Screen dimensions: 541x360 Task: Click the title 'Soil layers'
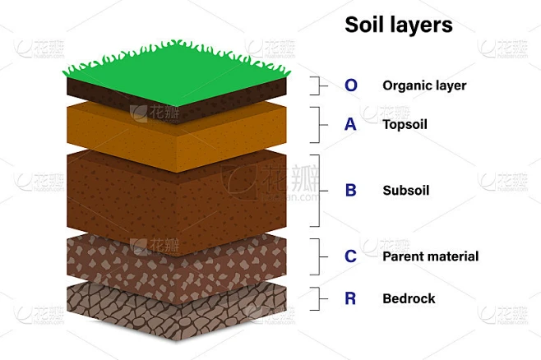(399, 25)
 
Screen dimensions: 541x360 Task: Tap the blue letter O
(351, 85)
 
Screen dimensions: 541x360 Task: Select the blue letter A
(350, 124)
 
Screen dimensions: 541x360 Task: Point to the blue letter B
(350, 191)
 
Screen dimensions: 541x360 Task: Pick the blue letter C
(350, 256)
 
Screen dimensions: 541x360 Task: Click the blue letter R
(350, 298)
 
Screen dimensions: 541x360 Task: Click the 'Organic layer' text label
(424, 86)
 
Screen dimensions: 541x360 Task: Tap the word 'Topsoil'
(405, 125)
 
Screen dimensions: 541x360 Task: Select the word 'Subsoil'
(406, 191)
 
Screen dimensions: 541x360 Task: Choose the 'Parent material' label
(431, 256)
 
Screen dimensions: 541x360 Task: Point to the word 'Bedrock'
(409, 298)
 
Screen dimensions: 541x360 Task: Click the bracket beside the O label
(319, 85)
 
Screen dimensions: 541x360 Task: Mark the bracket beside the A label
(319, 125)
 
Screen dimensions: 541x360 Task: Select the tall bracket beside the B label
(319, 191)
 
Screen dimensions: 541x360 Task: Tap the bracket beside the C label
(319, 257)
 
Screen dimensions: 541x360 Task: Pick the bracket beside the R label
(319, 298)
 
